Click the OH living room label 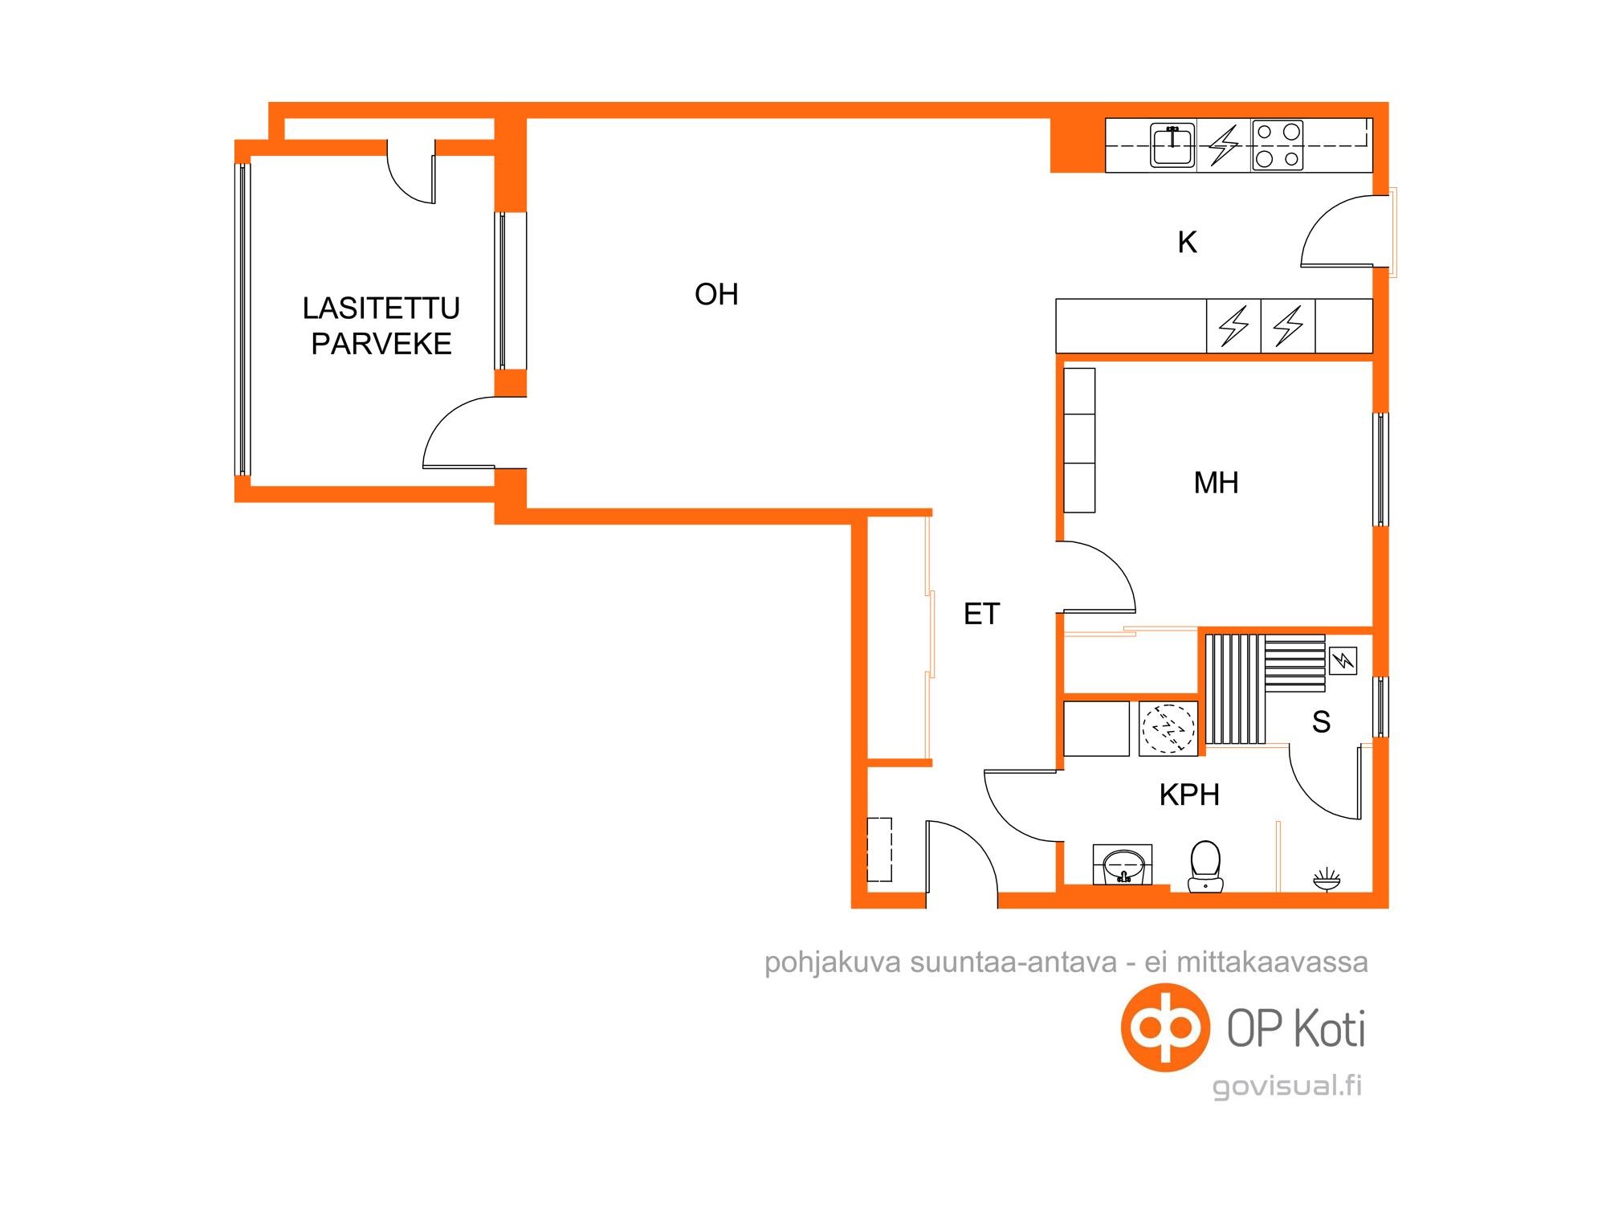[716, 295]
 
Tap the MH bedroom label [1216, 483]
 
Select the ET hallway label [981, 615]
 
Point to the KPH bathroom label [1189, 795]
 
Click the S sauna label [1321, 722]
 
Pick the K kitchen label [1187, 242]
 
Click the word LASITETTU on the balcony [381, 308]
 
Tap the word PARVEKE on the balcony [381, 344]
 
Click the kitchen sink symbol [1172, 145]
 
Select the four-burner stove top [1277, 145]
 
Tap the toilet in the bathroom [1205, 866]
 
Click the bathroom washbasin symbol [1123, 865]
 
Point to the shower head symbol [1327, 879]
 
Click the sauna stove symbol [1343, 660]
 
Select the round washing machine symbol [1168, 729]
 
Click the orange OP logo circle [1165, 1027]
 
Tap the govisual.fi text [1287, 1086]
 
